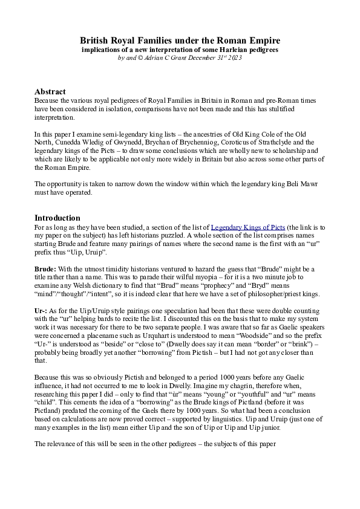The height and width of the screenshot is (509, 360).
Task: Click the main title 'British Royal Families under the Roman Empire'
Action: pos(180,40)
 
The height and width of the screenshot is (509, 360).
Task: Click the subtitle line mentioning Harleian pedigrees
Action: pos(180,50)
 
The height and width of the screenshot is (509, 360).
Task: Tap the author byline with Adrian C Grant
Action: pos(180,59)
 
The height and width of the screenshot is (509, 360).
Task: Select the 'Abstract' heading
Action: pos(50,91)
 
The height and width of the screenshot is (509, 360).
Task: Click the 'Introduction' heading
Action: pos(57,218)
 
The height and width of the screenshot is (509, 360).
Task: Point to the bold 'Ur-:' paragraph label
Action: pos(42,309)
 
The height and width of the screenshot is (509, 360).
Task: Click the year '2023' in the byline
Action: pos(235,59)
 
